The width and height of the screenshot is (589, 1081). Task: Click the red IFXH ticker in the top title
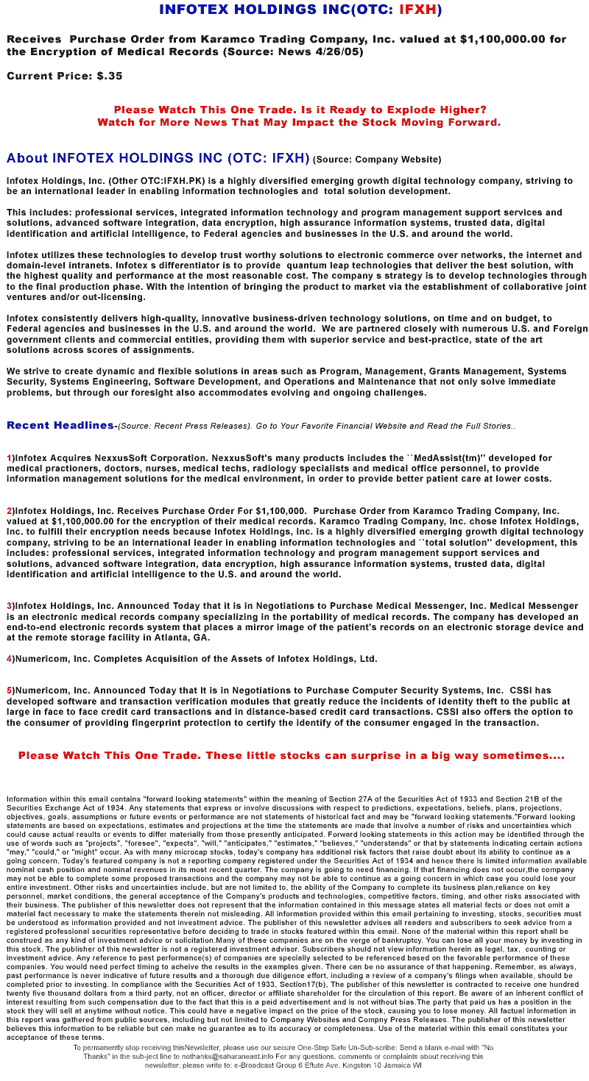tap(417, 10)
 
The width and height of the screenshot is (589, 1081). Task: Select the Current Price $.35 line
tap(65, 76)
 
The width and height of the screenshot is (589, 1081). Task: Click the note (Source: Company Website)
tap(377, 159)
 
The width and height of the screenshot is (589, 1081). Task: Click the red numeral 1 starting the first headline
tap(9, 457)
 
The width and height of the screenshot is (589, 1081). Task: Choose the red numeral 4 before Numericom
tap(9, 659)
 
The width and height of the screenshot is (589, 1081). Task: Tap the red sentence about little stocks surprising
tap(291, 755)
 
